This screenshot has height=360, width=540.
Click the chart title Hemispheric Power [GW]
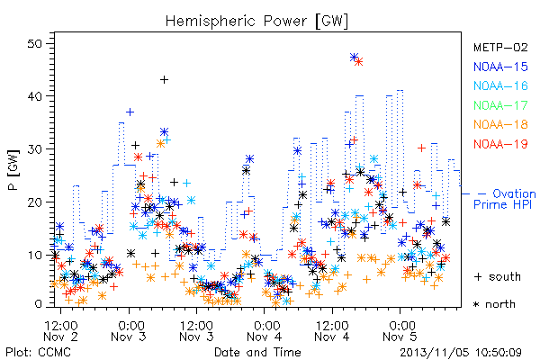(256, 22)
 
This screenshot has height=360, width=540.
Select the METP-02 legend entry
(500, 47)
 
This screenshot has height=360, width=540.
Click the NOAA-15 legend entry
(500, 67)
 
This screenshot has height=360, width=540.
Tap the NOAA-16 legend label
(500, 85)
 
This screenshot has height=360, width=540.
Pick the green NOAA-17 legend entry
(500, 105)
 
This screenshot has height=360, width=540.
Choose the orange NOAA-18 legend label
(500, 124)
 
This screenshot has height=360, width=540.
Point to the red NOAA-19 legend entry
(500, 144)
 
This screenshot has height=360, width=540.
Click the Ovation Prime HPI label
(505, 199)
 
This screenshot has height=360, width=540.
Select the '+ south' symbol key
(498, 276)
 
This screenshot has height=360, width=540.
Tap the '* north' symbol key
(494, 304)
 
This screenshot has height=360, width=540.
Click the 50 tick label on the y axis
(35, 44)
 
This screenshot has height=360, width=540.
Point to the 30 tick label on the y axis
(35, 149)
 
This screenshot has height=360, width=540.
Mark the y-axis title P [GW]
(13, 170)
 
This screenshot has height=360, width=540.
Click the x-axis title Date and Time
(257, 352)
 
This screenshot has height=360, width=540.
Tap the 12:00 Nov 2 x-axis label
(61, 331)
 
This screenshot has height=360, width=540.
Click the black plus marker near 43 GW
(165, 80)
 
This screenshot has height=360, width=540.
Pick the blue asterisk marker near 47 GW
(354, 58)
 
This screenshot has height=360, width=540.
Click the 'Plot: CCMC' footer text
(38, 353)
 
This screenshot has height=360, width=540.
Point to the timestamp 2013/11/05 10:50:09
(461, 353)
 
